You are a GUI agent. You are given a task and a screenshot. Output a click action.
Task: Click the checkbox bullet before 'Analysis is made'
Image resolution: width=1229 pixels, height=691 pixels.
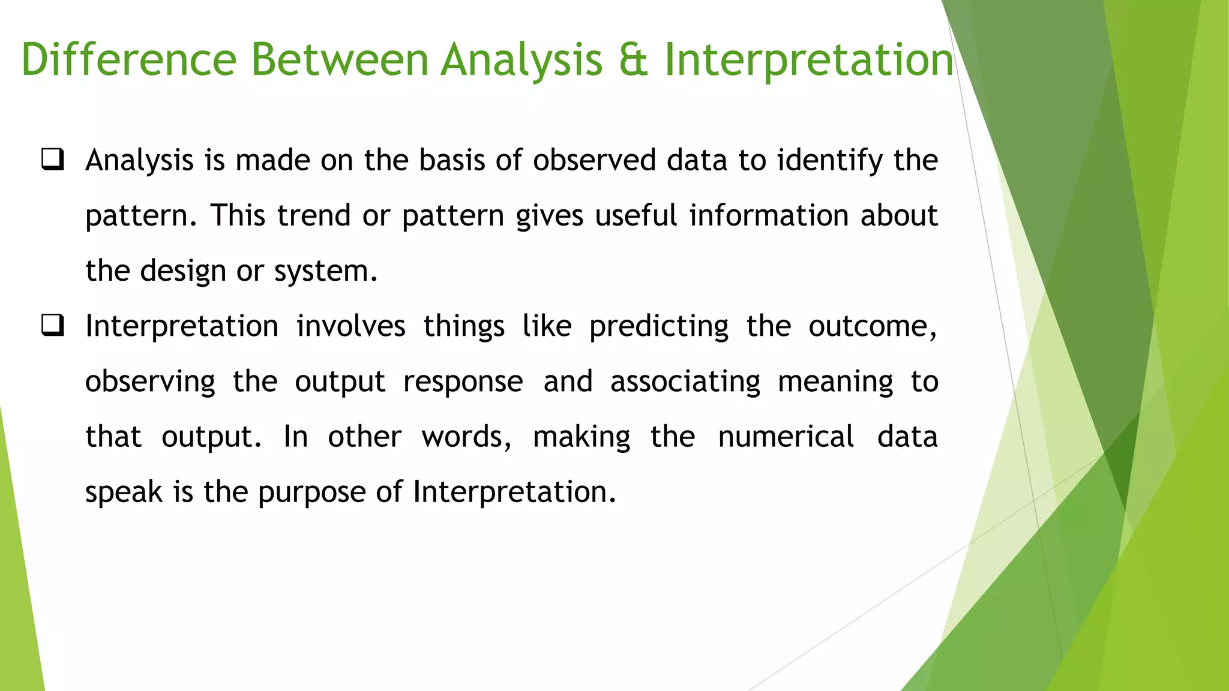coord(53,160)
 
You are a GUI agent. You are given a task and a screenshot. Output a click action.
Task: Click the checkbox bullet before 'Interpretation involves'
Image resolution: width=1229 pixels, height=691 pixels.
coord(53,326)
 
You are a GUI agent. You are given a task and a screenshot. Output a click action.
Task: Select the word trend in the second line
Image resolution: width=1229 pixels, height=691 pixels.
coord(313,215)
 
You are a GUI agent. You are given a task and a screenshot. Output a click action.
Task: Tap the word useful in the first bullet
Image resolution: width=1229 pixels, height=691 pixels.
coord(636,215)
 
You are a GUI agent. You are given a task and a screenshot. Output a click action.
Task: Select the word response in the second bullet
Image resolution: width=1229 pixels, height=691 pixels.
coord(463,382)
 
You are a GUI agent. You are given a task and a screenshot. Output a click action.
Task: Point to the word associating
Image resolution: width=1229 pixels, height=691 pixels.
coord(685,382)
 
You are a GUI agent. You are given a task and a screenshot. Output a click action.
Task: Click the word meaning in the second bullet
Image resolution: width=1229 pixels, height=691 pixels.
coord(835,382)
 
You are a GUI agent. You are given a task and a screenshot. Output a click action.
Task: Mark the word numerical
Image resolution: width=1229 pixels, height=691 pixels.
coord(786,437)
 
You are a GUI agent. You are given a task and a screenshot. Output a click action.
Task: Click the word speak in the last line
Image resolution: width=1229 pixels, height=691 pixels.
coord(124,492)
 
